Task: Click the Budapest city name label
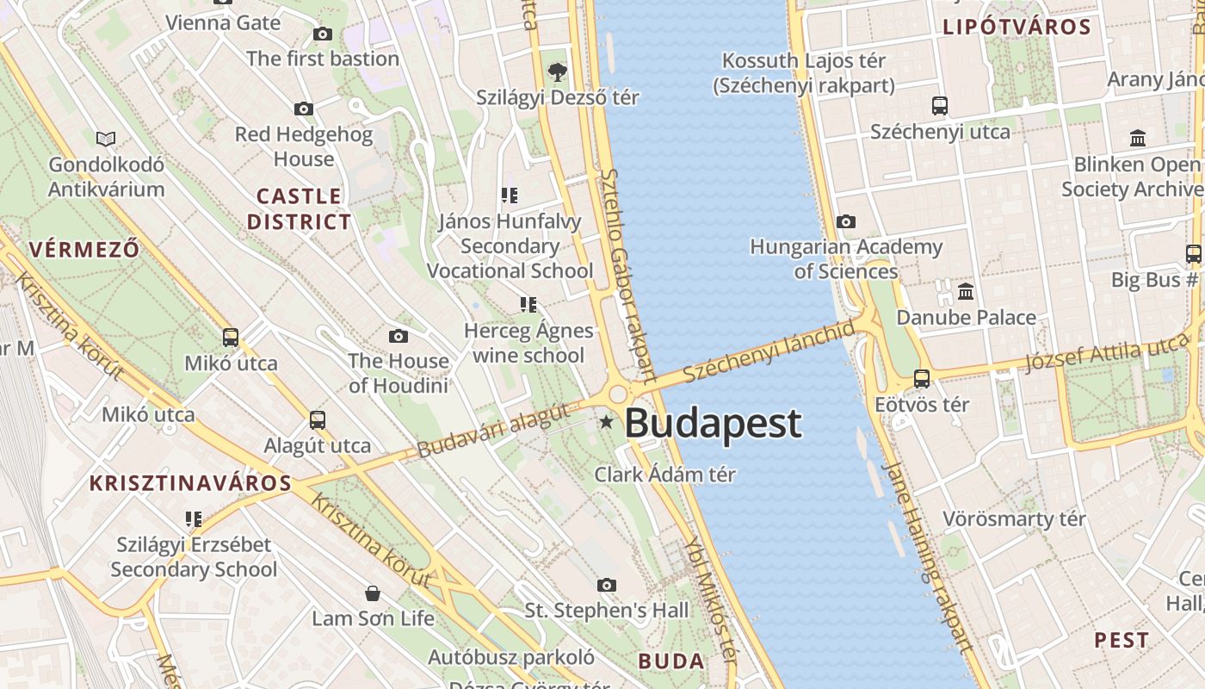(x=713, y=423)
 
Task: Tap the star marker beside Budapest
(x=607, y=422)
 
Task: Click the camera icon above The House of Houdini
(x=398, y=336)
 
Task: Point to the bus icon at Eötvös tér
(x=922, y=378)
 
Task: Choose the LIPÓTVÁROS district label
(x=1017, y=27)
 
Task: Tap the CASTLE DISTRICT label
(x=300, y=208)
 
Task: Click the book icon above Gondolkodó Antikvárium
(x=106, y=139)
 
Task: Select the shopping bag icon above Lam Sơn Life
(x=373, y=593)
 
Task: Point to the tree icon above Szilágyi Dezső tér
(x=558, y=71)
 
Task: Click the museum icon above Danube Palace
(x=966, y=292)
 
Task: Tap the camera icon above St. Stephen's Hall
(x=607, y=586)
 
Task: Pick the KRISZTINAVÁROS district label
(x=190, y=482)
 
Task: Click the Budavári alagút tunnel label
(x=492, y=431)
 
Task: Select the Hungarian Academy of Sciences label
(x=846, y=259)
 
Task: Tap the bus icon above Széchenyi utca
(x=940, y=106)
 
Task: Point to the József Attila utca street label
(x=1106, y=355)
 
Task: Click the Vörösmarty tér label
(x=1014, y=519)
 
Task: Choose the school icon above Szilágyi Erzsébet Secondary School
(x=194, y=518)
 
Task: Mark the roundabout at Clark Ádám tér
(x=618, y=395)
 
